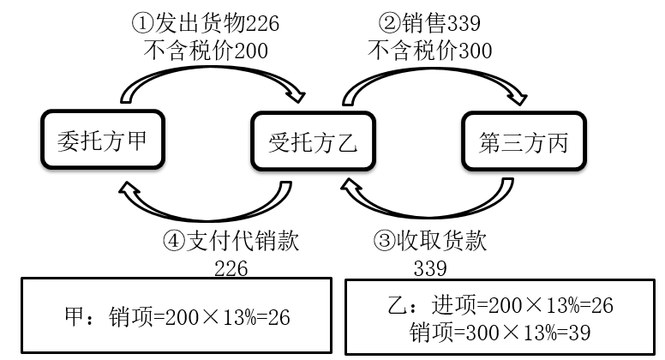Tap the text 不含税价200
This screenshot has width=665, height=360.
click(x=205, y=51)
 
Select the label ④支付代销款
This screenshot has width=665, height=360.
click(x=231, y=241)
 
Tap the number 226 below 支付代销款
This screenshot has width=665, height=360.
click(x=231, y=268)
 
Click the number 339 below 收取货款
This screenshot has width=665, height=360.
click(x=429, y=268)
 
